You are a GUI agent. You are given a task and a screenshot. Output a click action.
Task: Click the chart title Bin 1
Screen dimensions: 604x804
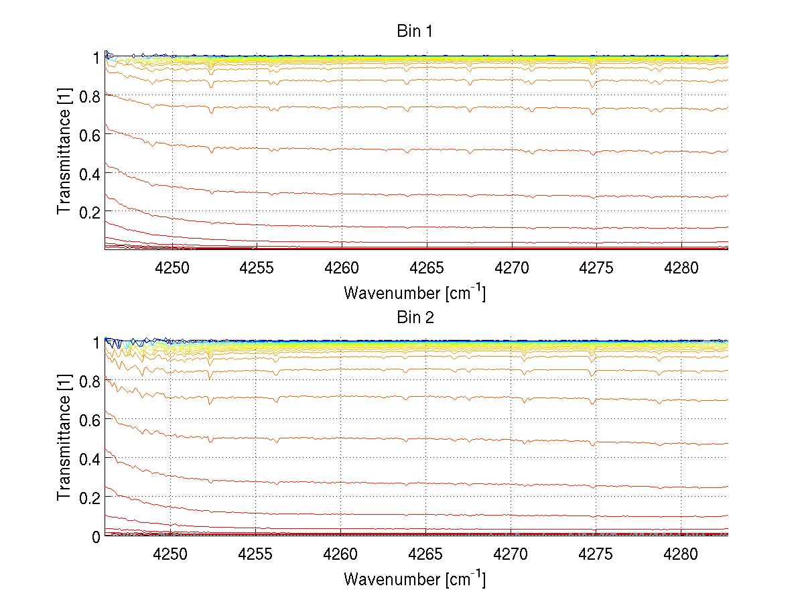tap(415, 32)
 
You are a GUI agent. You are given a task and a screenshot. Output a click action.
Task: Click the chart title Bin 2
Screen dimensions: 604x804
tap(415, 317)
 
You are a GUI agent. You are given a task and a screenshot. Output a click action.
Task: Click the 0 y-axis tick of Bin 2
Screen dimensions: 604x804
tap(96, 536)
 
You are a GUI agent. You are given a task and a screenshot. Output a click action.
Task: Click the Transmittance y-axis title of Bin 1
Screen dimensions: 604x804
tap(64, 154)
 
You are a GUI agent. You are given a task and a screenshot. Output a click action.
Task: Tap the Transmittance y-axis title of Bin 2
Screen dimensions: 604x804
tap(64, 439)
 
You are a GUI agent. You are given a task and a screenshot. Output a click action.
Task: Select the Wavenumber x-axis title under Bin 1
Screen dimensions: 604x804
tap(415, 292)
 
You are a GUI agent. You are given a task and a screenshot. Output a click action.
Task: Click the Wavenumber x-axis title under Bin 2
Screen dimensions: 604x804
tap(415, 578)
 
